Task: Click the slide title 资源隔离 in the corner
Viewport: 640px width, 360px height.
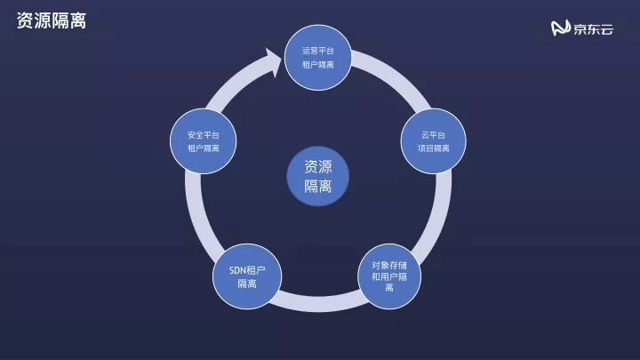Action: click(x=51, y=20)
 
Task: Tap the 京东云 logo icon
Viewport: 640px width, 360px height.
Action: click(x=561, y=29)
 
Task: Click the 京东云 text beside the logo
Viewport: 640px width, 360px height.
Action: click(x=593, y=29)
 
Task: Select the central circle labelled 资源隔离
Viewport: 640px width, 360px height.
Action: click(x=318, y=176)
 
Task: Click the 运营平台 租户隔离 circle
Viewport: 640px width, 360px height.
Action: click(x=318, y=57)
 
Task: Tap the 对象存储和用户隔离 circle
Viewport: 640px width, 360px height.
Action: click(x=389, y=276)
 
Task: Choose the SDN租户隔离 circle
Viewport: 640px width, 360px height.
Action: click(x=247, y=276)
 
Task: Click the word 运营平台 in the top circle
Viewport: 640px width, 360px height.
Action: click(x=318, y=50)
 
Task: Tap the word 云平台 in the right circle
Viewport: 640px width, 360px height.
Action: click(x=433, y=134)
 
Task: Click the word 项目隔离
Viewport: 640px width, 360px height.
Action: click(x=433, y=148)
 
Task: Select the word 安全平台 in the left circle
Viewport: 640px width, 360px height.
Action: click(x=204, y=134)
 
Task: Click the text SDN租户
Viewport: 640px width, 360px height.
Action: click(x=247, y=268)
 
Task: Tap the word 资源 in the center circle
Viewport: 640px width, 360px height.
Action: click(x=318, y=166)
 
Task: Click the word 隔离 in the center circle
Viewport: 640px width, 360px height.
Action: click(x=318, y=187)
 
